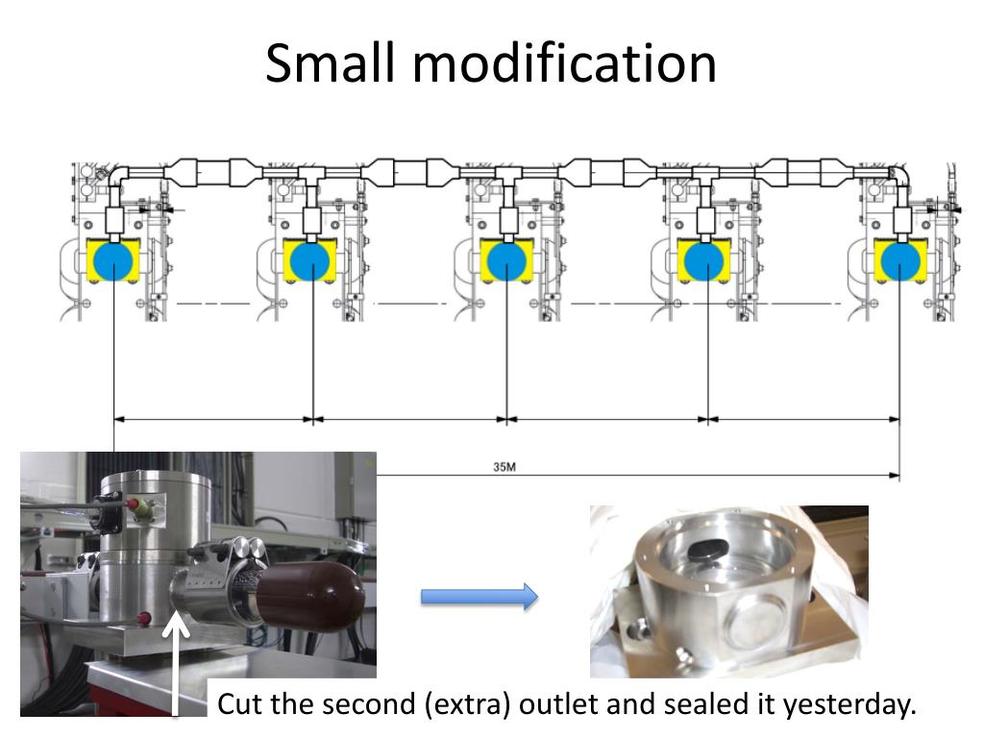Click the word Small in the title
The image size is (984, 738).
[x=332, y=63]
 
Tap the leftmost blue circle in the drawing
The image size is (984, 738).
[x=113, y=260]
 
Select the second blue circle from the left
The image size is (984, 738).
[x=309, y=260]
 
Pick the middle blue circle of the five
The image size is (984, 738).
[x=505, y=260]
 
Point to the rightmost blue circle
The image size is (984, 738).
[x=900, y=260]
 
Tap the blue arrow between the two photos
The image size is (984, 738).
[x=479, y=597]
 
